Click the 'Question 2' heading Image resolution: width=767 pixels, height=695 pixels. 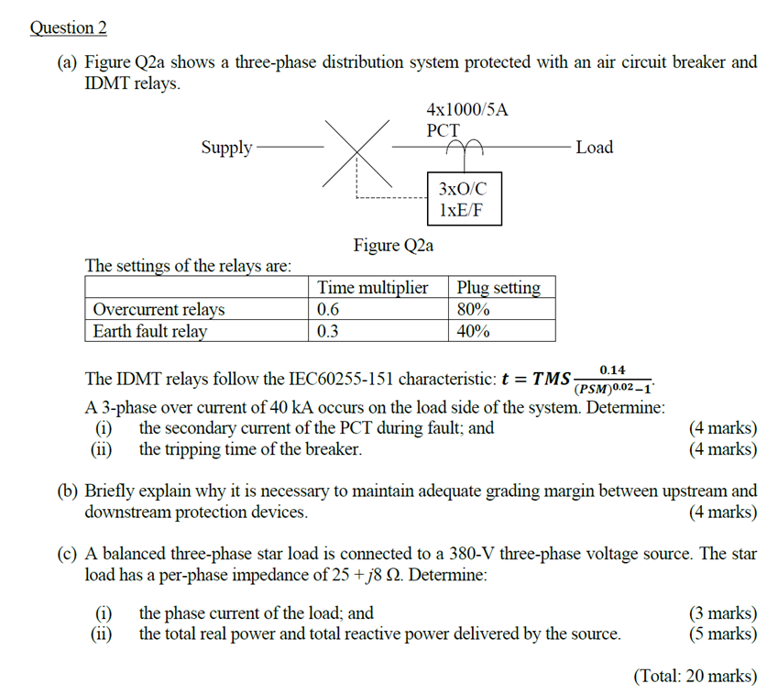[69, 28]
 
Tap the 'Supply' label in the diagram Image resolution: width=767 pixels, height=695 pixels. [226, 147]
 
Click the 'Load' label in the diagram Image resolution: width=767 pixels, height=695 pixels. [595, 147]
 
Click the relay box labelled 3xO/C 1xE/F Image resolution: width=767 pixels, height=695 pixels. [464, 199]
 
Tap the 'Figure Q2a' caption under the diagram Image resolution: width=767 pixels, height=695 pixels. [394, 245]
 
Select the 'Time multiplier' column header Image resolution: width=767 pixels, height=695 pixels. [373, 288]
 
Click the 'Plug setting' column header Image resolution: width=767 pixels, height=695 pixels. [499, 288]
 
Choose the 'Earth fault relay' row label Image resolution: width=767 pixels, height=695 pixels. [150, 331]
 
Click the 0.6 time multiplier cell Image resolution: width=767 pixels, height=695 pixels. [328, 309]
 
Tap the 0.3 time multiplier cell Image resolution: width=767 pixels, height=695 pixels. [328, 331]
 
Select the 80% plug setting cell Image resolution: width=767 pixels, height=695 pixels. [474, 309]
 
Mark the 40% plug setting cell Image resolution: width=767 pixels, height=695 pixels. [474, 331]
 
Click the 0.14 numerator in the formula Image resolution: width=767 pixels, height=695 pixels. [612, 369]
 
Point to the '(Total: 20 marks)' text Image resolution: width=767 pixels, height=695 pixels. [696, 676]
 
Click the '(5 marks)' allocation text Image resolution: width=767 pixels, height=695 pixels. [723, 634]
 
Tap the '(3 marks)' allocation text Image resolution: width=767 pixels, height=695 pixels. [723, 613]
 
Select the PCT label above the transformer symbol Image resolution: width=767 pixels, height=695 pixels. [444, 130]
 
